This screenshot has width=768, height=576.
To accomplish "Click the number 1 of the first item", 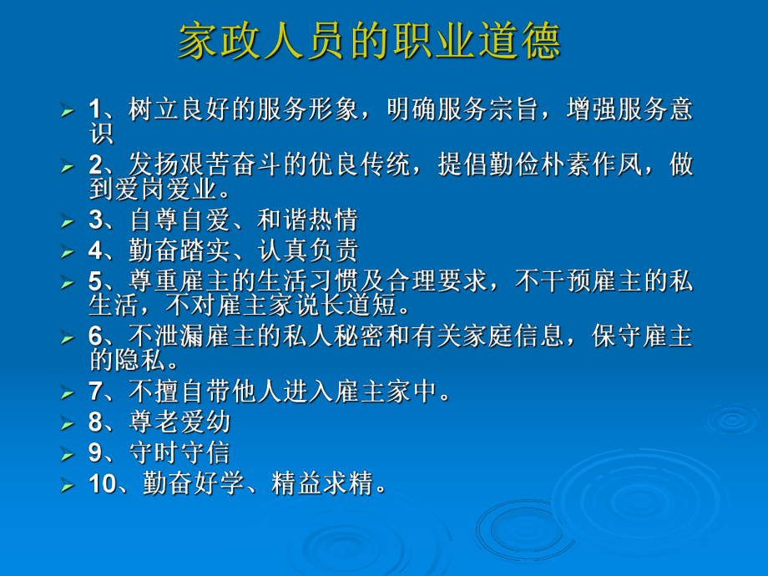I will click(94, 109).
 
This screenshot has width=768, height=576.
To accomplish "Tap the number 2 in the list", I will click(94, 164).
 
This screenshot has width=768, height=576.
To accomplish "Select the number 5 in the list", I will click(94, 280).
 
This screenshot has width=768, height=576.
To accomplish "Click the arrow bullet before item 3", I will click(68, 222).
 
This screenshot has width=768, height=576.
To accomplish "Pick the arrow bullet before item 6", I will click(68, 339).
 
